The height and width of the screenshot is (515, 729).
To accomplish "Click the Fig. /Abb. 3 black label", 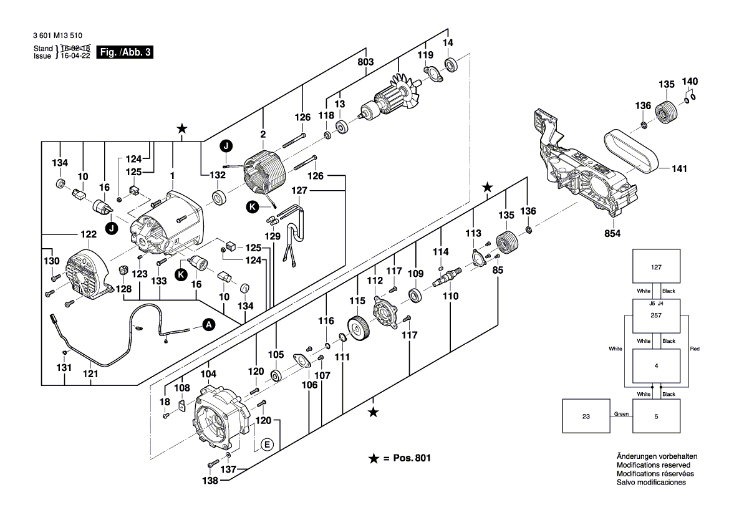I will pyautogui.click(x=125, y=52).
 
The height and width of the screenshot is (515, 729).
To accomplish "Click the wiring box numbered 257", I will pyautogui.click(x=656, y=316).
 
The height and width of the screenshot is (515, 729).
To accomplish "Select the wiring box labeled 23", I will pyautogui.click(x=586, y=416).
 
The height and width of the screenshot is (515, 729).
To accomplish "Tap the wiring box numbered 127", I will pyautogui.click(x=656, y=267).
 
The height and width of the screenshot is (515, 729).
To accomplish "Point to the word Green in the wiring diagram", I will pyautogui.click(x=621, y=414).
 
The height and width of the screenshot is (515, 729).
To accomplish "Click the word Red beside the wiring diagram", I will pyautogui.click(x=695, y=349).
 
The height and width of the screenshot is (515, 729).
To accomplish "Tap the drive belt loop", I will pyautogui.click(x=630, y=152).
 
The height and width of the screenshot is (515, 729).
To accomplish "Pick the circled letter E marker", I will pyautogui.click(x=267, y=445).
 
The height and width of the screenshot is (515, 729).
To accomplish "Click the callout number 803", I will pyautogui.click(x=365, y=62).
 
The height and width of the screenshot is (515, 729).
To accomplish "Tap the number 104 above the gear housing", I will pyautogui.click(x=208, y=374).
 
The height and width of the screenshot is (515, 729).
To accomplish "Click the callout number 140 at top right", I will pyautogui.click(x=690, y=82).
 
